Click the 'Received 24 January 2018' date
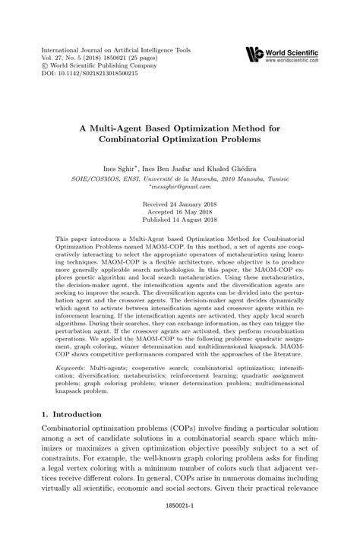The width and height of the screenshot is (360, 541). [180, 205]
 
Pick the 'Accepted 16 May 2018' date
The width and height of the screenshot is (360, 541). [180, 214]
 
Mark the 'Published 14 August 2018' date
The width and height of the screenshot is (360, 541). [180, 222]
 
